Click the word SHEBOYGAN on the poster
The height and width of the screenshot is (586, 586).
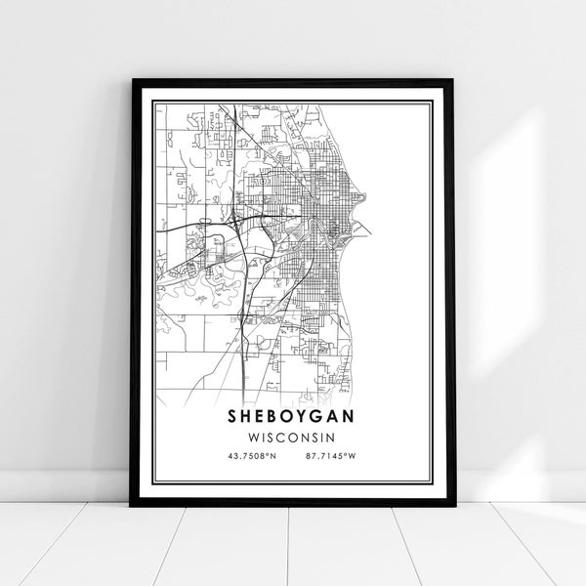[293, 415]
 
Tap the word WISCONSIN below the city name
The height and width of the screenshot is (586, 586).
[293, 436]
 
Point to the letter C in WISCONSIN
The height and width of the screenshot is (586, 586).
[285, 436]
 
